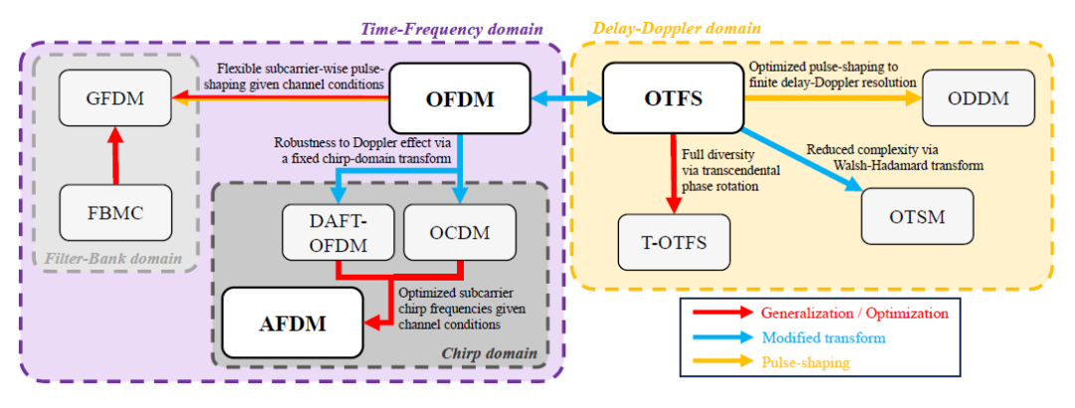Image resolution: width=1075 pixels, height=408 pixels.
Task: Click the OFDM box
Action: [460, 99]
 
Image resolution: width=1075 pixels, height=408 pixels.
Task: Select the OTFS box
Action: [673, 99]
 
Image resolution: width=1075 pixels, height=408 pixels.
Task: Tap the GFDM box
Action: [115, 98]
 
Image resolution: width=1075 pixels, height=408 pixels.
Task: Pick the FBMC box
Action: [115, 213]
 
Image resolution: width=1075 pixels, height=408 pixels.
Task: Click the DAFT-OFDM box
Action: [337, 233]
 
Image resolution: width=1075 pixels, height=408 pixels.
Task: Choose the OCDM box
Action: [459, 233]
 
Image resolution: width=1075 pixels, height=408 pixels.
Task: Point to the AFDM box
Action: [292, 322]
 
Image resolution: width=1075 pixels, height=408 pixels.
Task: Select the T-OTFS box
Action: [674, 242]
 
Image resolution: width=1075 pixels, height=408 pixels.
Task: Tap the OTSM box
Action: [918, 216]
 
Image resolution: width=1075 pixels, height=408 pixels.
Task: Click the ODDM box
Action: [977, 99]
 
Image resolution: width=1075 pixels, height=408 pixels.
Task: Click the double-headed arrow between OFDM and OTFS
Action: [567, 99]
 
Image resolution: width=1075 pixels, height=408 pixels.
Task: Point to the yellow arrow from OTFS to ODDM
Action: [833, 99]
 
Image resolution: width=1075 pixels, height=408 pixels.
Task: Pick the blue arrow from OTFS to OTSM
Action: [803, 157]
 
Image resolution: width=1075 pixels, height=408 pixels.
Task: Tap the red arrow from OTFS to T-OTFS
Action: [674, 173]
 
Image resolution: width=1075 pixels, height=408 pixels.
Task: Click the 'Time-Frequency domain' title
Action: [452, 30]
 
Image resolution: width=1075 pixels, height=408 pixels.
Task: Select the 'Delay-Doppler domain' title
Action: [676, 29]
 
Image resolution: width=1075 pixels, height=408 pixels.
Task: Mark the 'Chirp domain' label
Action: [490, 354]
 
